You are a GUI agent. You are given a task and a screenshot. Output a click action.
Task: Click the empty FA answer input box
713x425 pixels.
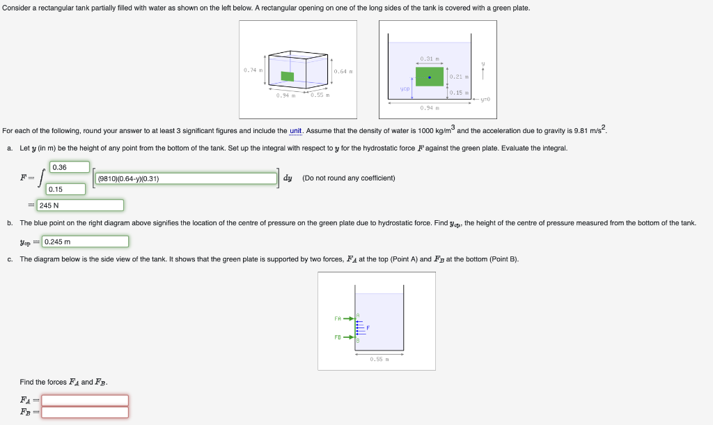tap(85, 400)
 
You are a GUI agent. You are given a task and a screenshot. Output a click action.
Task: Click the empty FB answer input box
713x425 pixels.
tap(85, 412)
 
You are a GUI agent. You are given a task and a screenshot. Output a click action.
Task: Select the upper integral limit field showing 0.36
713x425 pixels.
tap(69, 167)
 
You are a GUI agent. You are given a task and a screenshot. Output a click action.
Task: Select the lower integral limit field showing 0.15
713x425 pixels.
tap(66, 189)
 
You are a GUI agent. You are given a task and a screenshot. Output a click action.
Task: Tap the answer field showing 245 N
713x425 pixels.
tap(80, 206)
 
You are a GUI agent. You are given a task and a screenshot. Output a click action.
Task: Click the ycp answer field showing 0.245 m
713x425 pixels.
tap(85, 242)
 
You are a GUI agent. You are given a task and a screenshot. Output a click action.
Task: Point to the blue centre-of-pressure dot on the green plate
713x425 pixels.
tap(430, 77)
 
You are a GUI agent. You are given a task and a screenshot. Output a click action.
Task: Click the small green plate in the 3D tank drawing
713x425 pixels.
tap(287, 76)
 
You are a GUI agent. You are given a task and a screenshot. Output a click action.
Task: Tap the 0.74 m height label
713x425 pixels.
tap(251, 70)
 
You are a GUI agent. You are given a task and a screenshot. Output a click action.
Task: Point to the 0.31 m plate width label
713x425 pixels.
tap(429, 58)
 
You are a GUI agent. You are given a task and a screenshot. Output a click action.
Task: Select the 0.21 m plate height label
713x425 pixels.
tap(458, 77)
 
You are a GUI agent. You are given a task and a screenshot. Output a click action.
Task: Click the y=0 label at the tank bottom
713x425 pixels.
tap(484, 100)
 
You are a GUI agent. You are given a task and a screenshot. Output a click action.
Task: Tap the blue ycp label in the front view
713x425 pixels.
tap(405, 89)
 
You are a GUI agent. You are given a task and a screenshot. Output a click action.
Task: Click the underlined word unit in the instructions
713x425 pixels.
tap(296, 130)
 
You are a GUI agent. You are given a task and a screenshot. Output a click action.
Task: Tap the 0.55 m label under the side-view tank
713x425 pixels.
tap(377, 359)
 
